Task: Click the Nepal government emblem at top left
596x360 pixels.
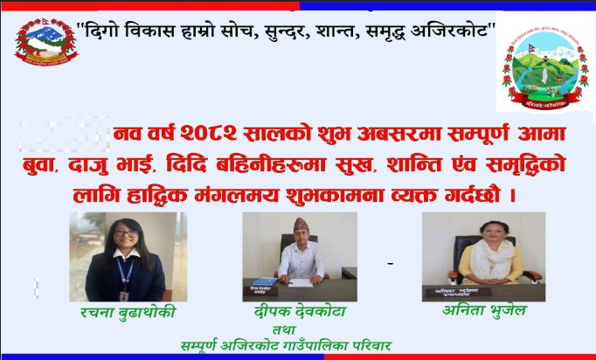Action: coord(46,42)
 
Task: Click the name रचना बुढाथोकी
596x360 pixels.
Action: coord(128,313)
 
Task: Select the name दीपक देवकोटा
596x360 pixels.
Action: coord(301,312)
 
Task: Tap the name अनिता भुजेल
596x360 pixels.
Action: coord(484,310)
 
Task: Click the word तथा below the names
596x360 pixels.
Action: coord(284,329)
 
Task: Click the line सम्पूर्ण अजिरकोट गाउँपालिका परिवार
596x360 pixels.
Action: coord(286,346)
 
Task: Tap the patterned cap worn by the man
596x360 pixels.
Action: coord(301,225)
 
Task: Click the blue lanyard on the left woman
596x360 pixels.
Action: coord(124,274)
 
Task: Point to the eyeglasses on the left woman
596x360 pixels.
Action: coord(126,233)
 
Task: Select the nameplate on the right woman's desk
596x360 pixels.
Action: coord(459,292)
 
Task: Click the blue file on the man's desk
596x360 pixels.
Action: coord(265,281)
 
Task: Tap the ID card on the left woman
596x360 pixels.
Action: coord(123,295)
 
